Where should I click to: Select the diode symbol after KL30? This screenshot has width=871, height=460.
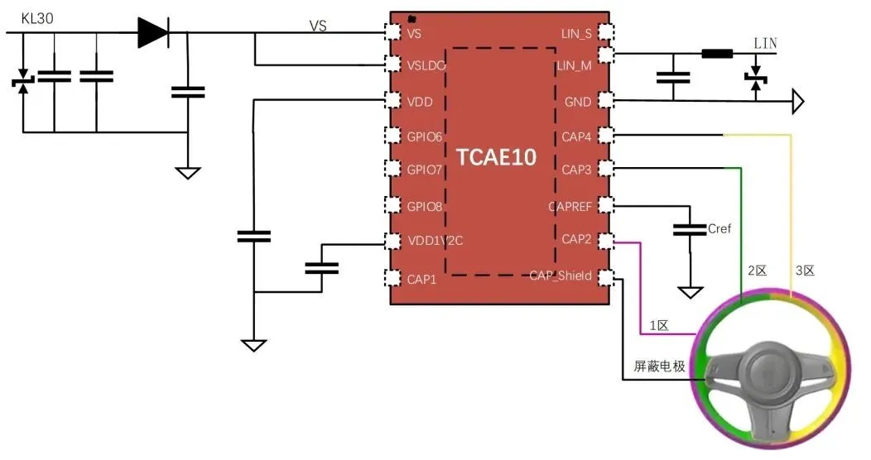click(x=154, y=32)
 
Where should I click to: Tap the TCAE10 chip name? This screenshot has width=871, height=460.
click(x=497, y=157)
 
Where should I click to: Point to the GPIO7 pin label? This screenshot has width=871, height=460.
click(x=425, y=170)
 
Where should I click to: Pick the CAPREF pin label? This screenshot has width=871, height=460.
click(x=570, y=206)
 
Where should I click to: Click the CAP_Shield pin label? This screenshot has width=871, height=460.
click(x=561, y=276)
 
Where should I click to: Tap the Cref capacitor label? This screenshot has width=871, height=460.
click(x=719, y=228)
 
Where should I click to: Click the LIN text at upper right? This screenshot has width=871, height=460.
click(x=765, y=43)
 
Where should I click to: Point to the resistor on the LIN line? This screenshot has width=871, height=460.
click(x=716, y=55)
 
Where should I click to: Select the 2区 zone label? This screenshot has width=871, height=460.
click(x=758, y=271)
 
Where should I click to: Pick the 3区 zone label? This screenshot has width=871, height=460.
click(x=805, y=271)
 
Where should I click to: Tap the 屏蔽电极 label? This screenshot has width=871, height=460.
click(x=659, y=366)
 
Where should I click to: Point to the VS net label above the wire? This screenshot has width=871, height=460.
click(x=318, y=26)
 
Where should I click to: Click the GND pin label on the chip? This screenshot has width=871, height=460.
click(x=577, y=102)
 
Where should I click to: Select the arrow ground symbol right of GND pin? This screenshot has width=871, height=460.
click(x=797, y=102)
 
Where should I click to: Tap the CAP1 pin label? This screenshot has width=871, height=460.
click(x=421, y=279)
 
